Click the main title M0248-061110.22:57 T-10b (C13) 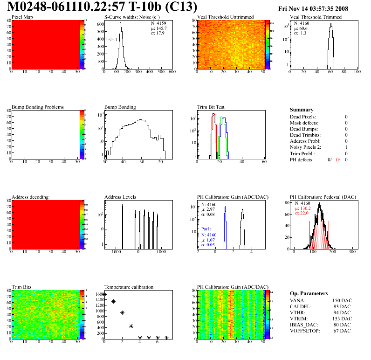103,7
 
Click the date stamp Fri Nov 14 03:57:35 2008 313,9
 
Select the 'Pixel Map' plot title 22,17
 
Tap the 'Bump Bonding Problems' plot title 38,107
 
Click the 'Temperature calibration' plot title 129,287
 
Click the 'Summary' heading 302,110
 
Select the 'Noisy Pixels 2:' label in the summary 307,147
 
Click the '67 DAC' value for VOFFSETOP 342,331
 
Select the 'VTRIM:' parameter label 299,318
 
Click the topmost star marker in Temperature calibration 104,294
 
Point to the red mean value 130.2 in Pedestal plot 303,208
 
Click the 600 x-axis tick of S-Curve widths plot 172,72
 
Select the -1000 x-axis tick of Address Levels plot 115,252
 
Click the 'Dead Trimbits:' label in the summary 305,135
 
